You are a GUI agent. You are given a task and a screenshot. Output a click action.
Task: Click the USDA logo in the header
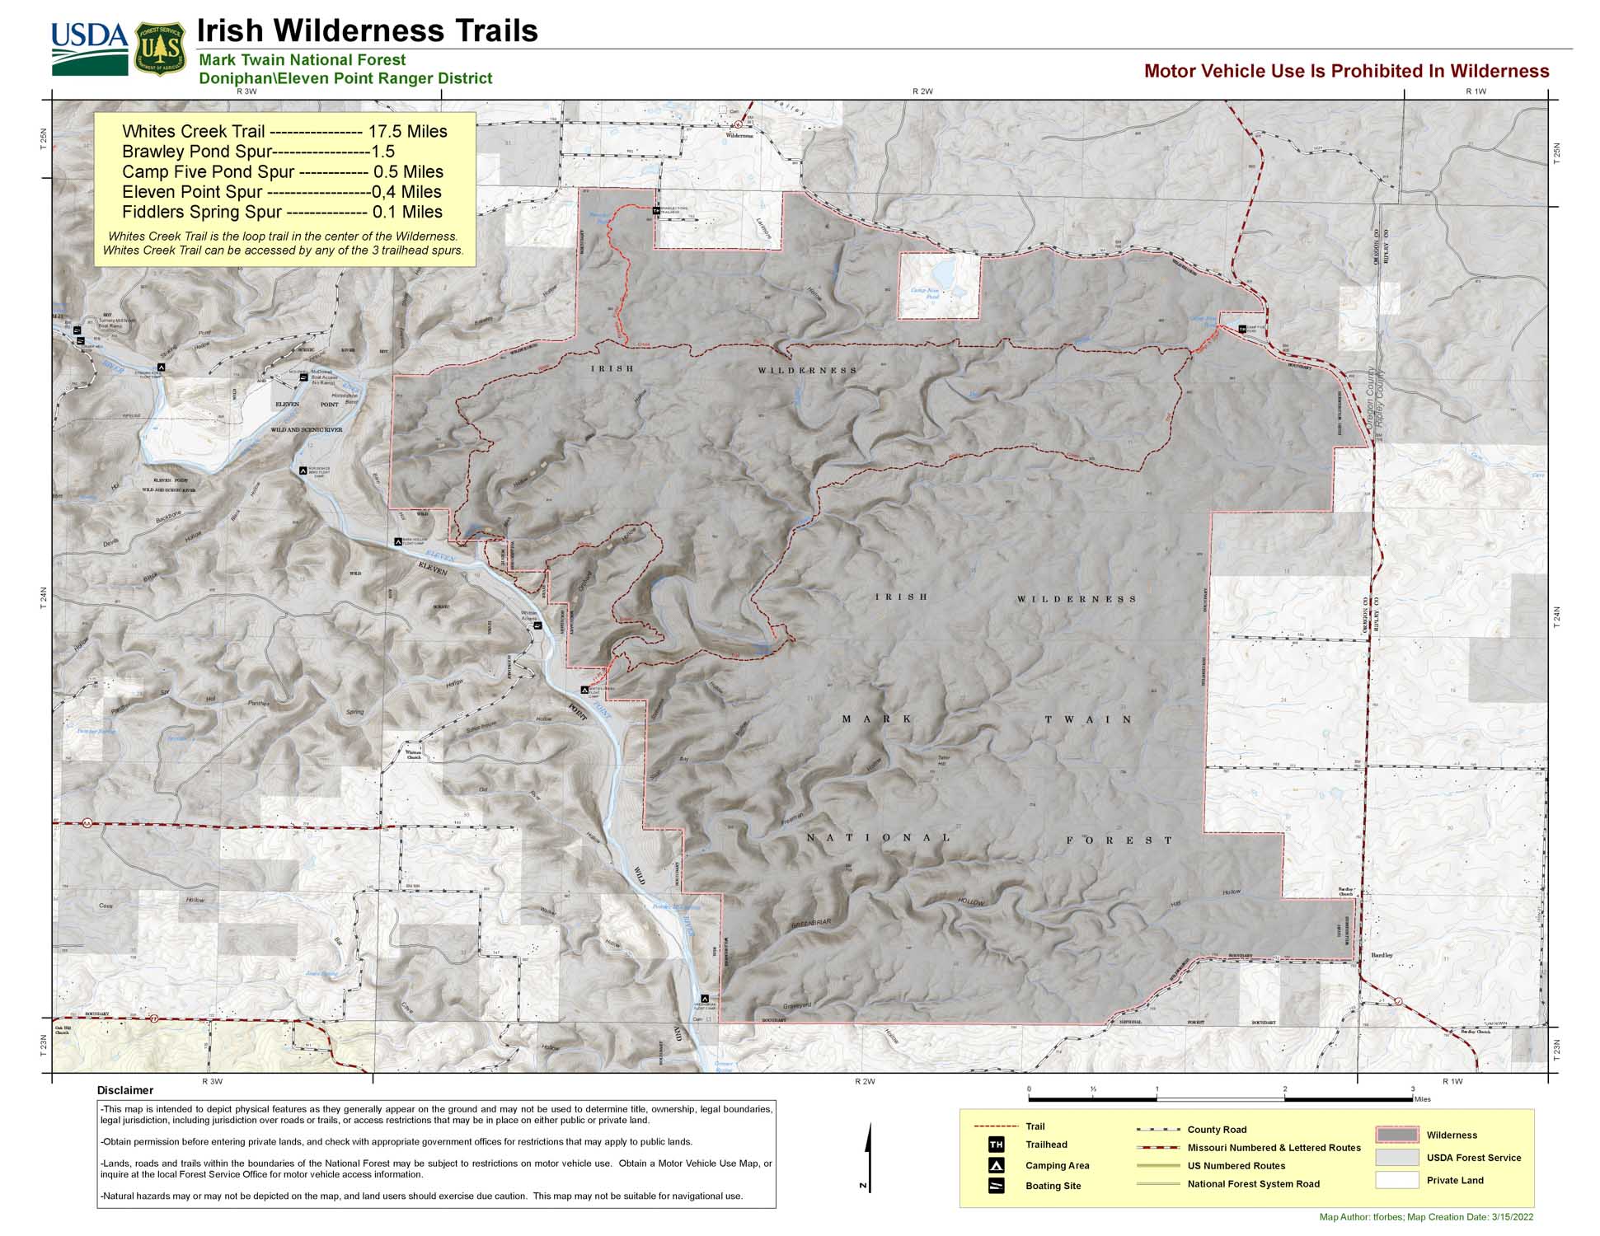click(x=89, y=48)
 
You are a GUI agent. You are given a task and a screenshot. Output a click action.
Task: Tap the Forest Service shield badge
click(x=160, y=49)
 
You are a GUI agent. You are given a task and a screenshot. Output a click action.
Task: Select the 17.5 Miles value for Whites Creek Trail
click(x=407, y=132)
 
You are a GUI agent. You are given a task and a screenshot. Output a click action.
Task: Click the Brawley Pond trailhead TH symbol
click(x=656, y=211)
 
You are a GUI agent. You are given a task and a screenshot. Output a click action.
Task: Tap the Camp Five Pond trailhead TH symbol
click(x=1242, y=329)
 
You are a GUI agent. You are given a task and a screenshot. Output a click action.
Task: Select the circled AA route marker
click(x=87, y=822)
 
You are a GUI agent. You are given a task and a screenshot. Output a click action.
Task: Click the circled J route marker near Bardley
click(x=1398, y=1001)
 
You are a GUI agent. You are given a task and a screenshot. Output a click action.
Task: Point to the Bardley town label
click(x=1382, y=955)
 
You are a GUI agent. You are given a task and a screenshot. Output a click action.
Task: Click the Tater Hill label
click(x=943, y=760)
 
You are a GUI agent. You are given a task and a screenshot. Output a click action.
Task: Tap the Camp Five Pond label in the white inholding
click(x=925, y=293)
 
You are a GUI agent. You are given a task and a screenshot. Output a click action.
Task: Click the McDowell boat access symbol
click(x=303, y=377)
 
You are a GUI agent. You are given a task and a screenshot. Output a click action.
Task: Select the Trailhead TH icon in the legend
click(x=996, y=1145)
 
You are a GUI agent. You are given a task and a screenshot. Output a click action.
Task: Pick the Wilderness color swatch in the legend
click(x=1396, y=1135)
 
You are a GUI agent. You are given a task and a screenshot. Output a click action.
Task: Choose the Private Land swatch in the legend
click(x=1396, y=1180)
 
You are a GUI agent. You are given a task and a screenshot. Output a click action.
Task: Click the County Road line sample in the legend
click(x=1157, y=1130)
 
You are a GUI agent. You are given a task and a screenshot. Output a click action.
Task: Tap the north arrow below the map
click(x=868, y=1154)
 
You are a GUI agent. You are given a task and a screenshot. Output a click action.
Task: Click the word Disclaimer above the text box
click(x=125, y=1090)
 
